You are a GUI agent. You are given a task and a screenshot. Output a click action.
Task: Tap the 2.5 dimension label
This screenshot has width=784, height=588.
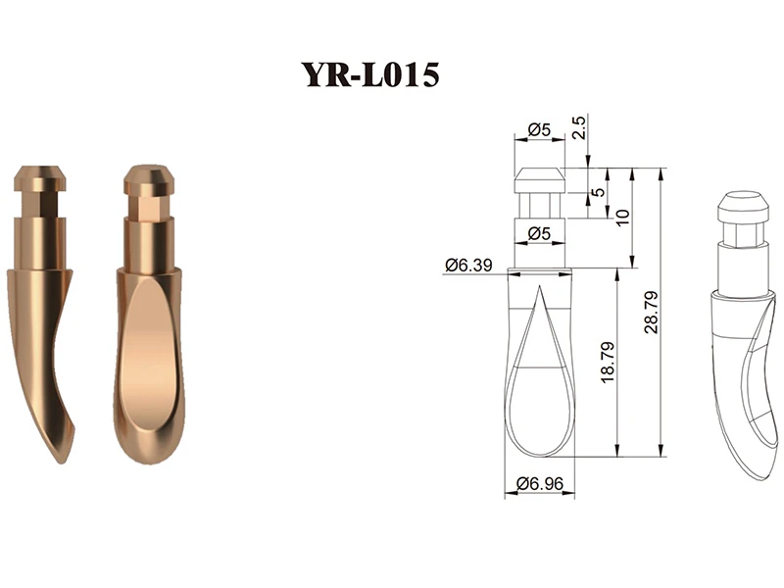[578, 127]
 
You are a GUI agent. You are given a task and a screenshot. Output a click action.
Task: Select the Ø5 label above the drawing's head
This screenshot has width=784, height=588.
[539, 130]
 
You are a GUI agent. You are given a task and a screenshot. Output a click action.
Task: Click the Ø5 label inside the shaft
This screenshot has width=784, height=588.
[539, 233]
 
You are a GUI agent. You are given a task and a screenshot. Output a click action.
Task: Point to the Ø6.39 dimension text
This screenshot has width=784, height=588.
[468, 265]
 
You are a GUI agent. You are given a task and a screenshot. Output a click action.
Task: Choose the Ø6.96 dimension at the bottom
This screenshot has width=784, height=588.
[540, 483]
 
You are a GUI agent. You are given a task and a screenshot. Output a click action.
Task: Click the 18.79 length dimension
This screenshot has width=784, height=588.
[607, 363]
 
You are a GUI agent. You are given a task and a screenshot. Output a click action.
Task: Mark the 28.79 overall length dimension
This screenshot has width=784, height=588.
[651, 313]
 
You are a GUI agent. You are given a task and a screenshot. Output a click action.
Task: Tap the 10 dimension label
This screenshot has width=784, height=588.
[622, 218]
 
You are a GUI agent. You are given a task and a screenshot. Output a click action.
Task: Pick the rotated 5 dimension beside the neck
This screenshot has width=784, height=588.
[598, 192]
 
